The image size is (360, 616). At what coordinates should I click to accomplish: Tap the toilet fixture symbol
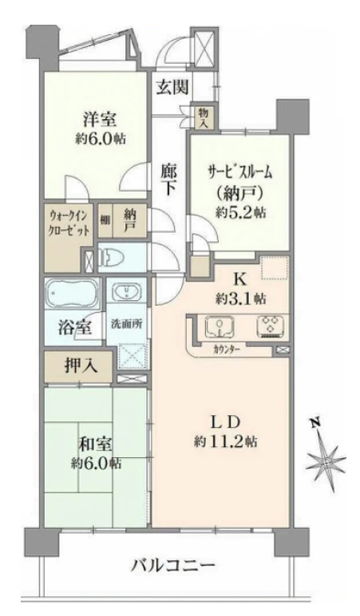(x=117, y=258)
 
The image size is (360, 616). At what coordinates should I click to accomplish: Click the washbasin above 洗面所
(x=125, y=294)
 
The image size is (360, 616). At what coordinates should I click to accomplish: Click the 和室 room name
(x=93, y=444)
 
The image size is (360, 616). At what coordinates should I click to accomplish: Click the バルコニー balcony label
(x=173, y=567)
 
